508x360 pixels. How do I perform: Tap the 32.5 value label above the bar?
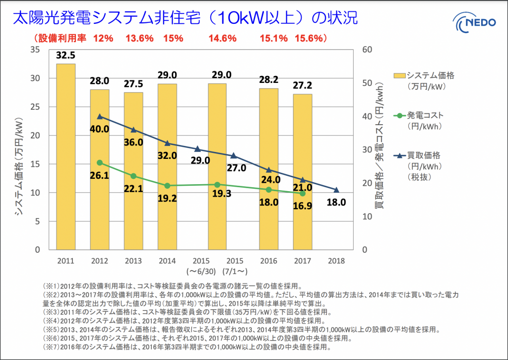[66, 55]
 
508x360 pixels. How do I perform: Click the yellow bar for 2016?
[269, 169]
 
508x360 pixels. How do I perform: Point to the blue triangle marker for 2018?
[336, 190]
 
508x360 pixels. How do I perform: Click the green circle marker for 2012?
[100, 163]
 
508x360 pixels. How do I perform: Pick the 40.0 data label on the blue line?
[100, 129]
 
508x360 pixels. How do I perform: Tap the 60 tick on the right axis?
[368, 50]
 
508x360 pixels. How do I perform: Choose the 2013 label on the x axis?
[133, 261]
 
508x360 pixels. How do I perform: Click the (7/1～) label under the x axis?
[235, 272]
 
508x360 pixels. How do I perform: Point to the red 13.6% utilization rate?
[139, 38]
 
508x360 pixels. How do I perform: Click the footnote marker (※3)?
[51, 312]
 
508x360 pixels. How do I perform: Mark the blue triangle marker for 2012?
[100, 117]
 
